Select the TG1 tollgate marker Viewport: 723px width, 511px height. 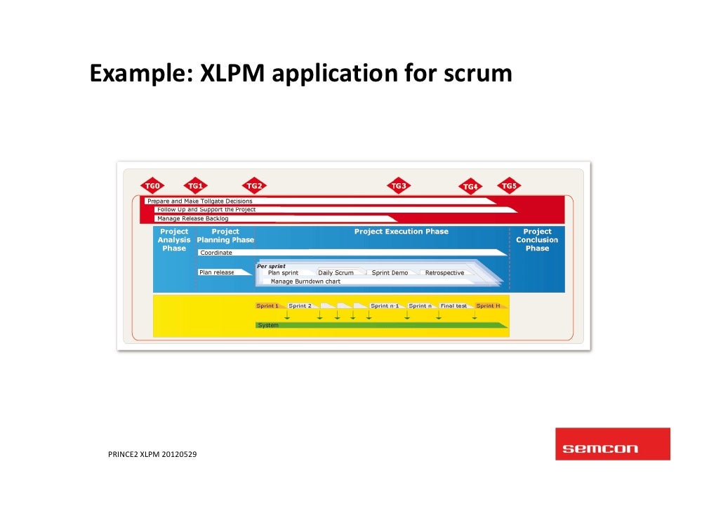click(x=195, y=186)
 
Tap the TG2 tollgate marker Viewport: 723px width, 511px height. click(x=254, y=186)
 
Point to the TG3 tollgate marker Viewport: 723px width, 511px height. click(x=399, y=186)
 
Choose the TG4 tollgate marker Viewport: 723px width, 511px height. click(x=470, y=187)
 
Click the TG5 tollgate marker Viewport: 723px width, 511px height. click(x=509, y=186)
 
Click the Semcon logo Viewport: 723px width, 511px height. click(x=612, y=444)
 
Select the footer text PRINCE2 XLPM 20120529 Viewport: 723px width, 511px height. click(x=152, y=455)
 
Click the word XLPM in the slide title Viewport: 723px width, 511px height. click(x=232, y=74)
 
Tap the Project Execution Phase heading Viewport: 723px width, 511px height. click(x=401, y=232)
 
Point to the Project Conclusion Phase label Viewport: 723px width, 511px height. click(x=537, y=240)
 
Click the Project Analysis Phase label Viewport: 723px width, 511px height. click(x=174, y=240)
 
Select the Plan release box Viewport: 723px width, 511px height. click(x=217, y=272)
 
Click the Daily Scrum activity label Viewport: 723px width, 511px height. click(x=336, y=273)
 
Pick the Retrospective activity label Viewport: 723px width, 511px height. click(x=444, y=273)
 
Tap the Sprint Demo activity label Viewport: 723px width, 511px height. click(x=390, y=273)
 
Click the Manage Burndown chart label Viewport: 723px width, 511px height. click(x=305, y=281)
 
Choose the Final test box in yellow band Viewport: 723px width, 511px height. click(x=453, y=306)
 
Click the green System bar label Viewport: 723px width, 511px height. click(x=268, y=326)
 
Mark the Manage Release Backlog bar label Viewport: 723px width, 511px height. click(x=193, y=219)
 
